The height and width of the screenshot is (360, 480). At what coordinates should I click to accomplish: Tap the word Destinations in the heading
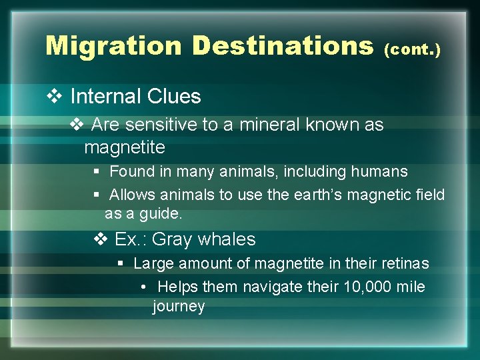[282, 45]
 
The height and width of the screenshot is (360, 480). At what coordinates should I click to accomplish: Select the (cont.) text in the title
[412, 49]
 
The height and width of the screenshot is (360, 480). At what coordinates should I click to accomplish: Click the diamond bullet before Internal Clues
[55, 97]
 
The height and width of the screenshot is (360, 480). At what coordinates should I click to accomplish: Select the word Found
[131, 171]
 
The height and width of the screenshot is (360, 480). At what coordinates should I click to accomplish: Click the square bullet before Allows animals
[97, 195]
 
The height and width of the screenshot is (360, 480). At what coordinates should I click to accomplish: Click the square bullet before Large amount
[121, 263]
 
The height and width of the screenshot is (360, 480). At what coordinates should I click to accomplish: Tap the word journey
[178, 306]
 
